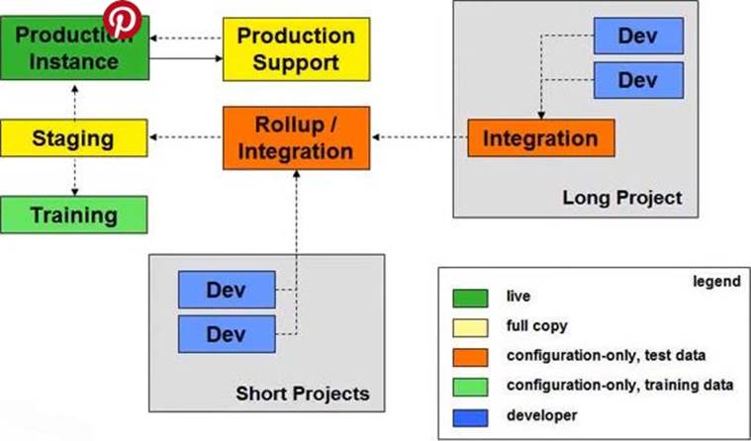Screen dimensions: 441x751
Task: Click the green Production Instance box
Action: (x=73, y=48)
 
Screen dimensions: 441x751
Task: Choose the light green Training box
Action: (x=73, y=214)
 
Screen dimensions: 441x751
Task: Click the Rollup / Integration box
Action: (x=296, y=137)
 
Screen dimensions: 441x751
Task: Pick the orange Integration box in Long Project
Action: (x=540, y=138)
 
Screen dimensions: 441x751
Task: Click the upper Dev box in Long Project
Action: (x=637, y=37)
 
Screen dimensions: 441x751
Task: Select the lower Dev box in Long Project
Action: (x=637, y=79)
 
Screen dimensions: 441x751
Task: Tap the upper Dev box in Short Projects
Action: (x=226, y=290)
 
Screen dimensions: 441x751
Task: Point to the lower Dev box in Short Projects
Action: (x=226, y=333)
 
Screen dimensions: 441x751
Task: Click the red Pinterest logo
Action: (x=123, y=19)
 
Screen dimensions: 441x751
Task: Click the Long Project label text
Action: (x=621, y=198)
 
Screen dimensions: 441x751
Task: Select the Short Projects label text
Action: (x=303, y=394)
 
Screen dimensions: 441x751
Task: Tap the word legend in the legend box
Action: (x=716, y=282)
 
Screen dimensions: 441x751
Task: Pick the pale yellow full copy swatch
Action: (x=470, y=325)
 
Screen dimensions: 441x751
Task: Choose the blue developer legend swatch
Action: (x=470, y=415)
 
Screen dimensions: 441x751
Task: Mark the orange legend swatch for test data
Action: (x=470, y=355)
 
